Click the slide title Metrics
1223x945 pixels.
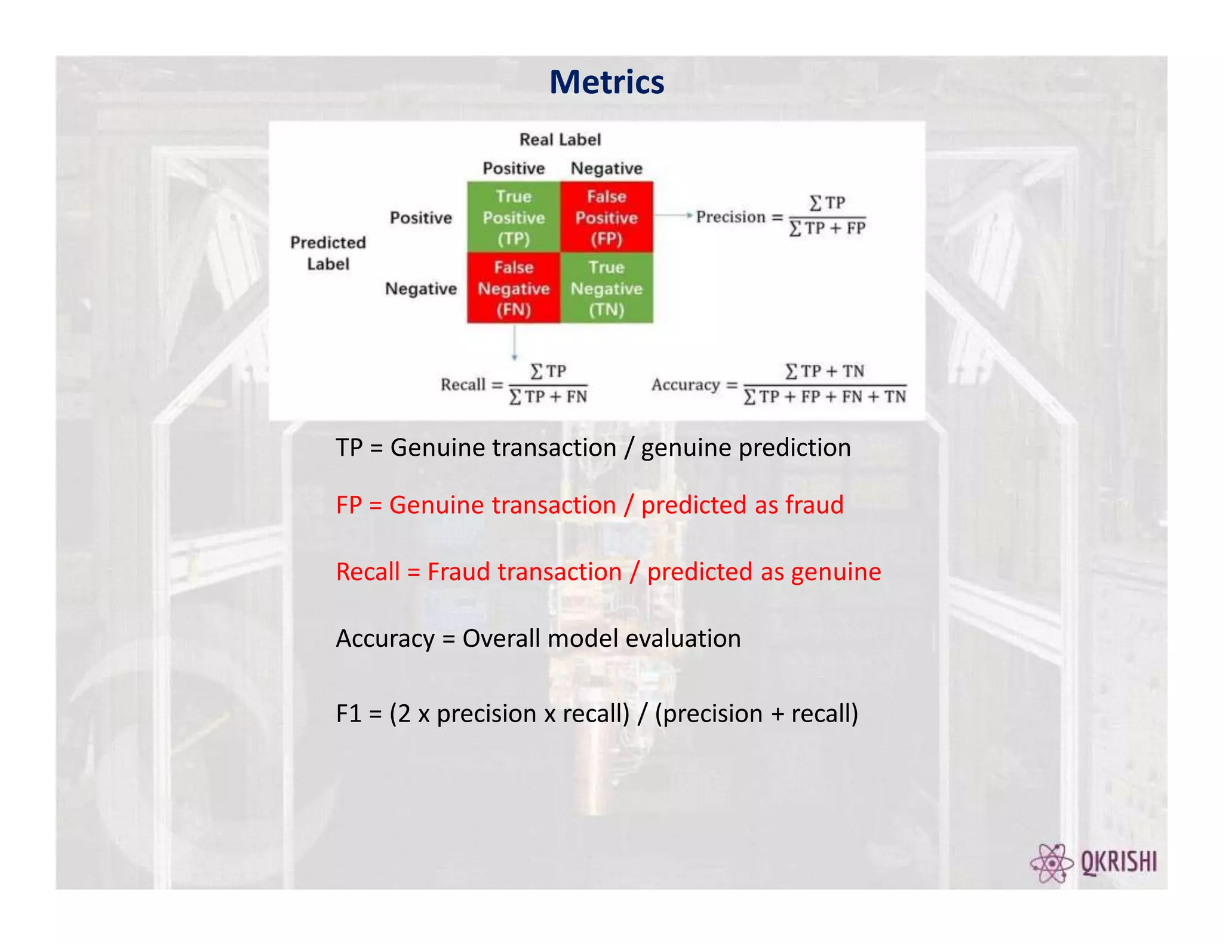606,82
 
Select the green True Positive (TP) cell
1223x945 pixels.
514,217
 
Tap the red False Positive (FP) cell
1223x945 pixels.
606,217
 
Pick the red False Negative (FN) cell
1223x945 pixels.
514,288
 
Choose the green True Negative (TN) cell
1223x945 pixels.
606,288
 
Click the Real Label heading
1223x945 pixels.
560,140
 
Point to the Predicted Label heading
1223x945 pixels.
328,253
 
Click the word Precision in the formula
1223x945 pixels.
730,217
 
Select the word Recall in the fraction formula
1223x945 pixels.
463,385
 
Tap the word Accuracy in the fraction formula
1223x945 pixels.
685,385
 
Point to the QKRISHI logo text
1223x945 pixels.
1118,863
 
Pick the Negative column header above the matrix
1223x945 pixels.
606,168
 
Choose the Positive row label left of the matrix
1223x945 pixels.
420,217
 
